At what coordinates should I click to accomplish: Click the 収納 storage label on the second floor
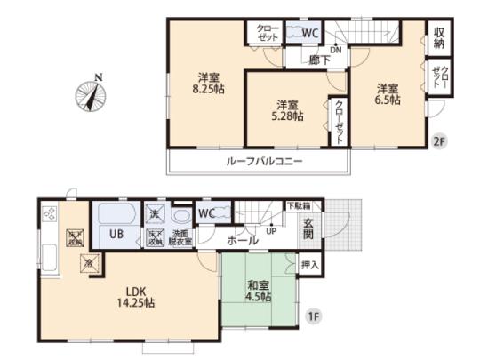click(x=439, y=36)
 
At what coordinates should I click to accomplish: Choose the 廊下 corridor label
click(x=308, y=60)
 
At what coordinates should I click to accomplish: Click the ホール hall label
click(x=242, y=240)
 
